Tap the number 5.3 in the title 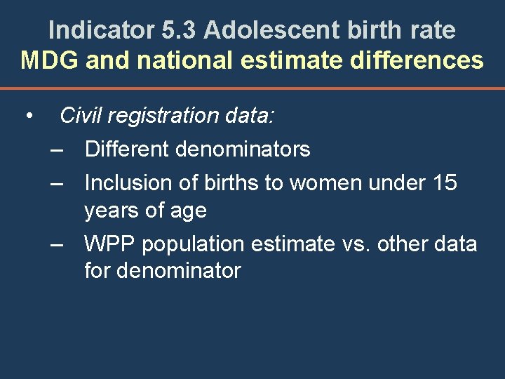point(174,30)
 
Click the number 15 point(445,182)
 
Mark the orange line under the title point(252,89)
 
